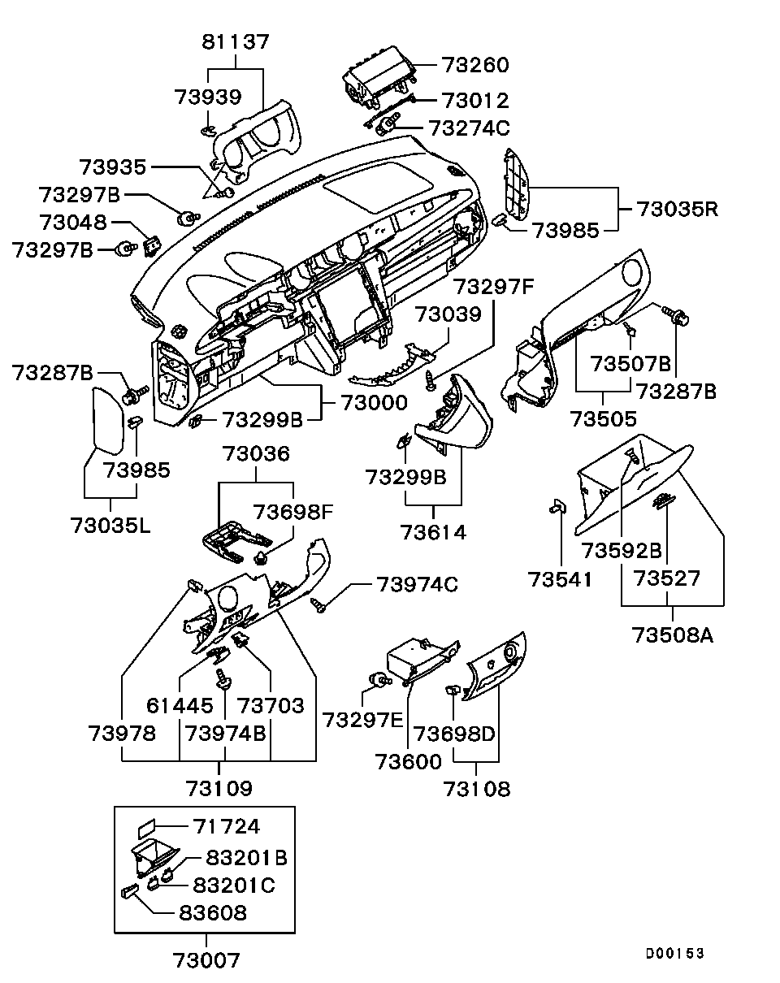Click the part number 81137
(x=235, y=42)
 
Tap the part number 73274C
(x=469, y=128)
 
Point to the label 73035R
(x=678, y=209)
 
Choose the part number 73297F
(x=494, y=287)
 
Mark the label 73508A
(x=671, y=634)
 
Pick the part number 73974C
(x=417, y=584)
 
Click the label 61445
(x=180, y=705)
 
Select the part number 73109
(x=219, y=788)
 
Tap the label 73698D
(x=454, y=734)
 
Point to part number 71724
(x=227, y=827)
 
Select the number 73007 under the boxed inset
(x=206, y=960)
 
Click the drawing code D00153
(x=674, y=954)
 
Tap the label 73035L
(x=110, y=525)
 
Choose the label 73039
(x=448, y=314)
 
